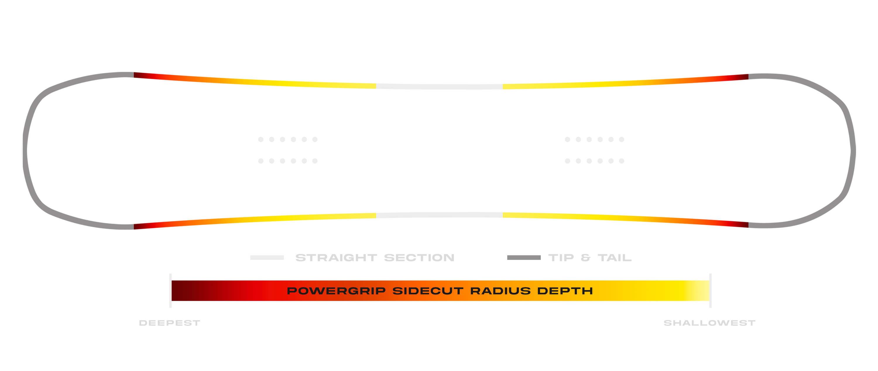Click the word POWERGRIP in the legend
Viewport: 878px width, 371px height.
pos(336,291)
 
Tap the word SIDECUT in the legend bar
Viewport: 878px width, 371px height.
pos(428,291)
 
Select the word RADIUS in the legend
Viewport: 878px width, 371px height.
pos(500,291)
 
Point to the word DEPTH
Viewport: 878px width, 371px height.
pos(565,291)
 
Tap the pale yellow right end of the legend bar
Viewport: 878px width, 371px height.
pos(702,291)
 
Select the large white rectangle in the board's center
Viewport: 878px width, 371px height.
pos(551,153)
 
